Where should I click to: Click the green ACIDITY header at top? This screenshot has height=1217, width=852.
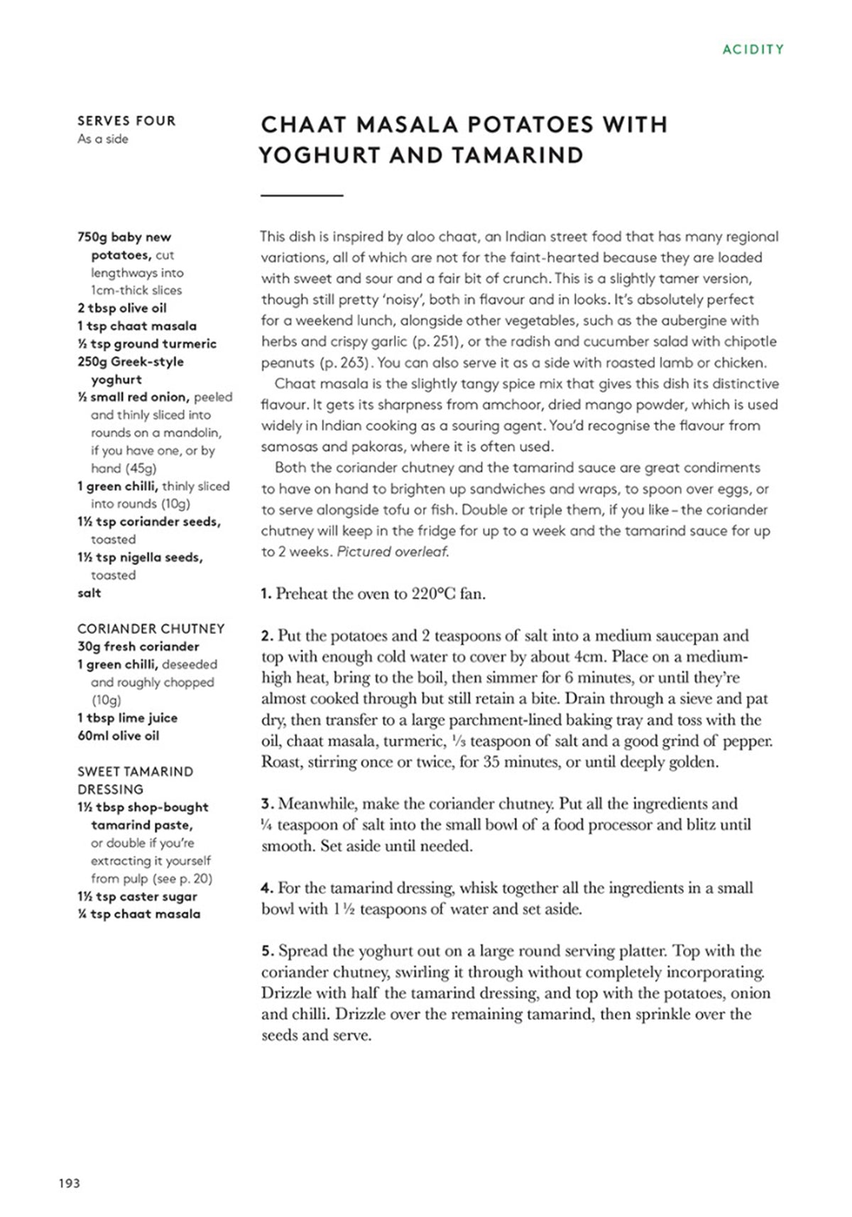pos(753,50)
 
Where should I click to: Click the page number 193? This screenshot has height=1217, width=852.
pos(70,1183)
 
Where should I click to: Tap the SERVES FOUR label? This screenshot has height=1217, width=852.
pos(126,121)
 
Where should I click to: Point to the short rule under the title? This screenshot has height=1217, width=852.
pos(302,195)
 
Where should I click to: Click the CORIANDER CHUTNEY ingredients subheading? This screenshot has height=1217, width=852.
pos(151,628)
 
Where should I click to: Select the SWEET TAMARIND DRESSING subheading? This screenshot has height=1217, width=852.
pos(135,780)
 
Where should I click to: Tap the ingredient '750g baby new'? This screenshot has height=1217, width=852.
pos(124,237)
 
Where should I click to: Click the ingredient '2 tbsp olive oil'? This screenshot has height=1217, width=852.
pos(122,308)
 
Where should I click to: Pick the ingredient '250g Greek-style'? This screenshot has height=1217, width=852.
pos(131,361)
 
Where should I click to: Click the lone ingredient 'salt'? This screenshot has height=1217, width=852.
pos(89,593)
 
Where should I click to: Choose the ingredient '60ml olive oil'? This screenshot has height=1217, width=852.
pos(118,736)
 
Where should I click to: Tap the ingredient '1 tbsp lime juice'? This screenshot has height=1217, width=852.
pos(127,718)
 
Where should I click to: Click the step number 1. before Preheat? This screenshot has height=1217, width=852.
pos(266,594)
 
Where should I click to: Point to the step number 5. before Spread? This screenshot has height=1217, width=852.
pos(267,951)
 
